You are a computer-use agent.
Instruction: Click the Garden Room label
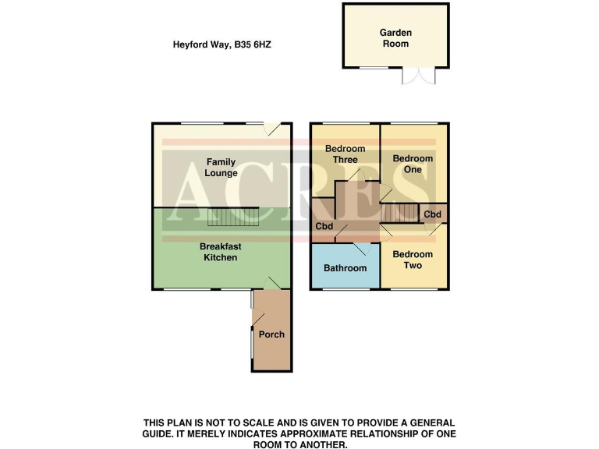(x=395, y=38)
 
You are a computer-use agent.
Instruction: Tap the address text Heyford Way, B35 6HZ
(x=222, y=45)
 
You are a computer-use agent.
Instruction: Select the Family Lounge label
(x=222, y=168)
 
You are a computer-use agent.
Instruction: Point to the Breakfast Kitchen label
(x=220, y=252)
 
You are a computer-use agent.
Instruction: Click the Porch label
(x=272, y=334)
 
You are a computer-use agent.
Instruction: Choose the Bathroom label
(x=345, y=268)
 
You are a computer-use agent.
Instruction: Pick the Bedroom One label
(x=413, y=164)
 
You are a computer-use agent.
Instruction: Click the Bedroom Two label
(x=413, y=260)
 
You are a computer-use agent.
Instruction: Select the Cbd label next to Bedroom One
(x=433, y=214)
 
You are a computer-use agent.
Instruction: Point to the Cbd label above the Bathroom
(x=324, y=227)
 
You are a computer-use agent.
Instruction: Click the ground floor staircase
(x=233, y=216)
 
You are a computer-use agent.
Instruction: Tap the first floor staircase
(x=399, y=212)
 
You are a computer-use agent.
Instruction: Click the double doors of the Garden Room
(x=417, y=75)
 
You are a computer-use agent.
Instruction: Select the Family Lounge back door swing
(x=271, y=130)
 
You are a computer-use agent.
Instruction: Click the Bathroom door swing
(x=361, y=249)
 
